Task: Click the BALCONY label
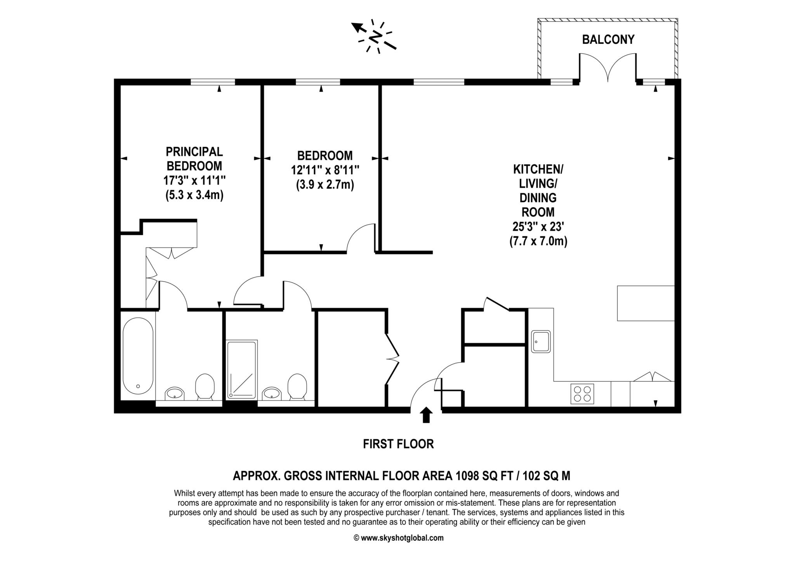[608, 40]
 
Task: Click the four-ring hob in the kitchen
[582, 394]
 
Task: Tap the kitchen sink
[541, 342]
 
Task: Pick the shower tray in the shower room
[241, 369]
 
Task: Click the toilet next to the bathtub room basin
[205, 387]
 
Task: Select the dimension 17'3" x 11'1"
[194, 180]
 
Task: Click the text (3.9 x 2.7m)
[325, 185]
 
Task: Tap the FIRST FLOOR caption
[398, 444]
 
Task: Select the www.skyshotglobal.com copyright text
[398, 538]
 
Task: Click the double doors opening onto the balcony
[608, 68]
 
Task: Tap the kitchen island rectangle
[646, 303]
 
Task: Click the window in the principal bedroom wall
[213, 82]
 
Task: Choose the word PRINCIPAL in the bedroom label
[194, 151]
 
